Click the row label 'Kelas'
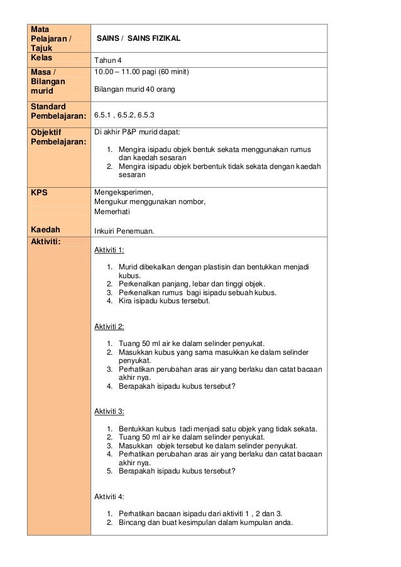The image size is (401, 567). coord(42,58)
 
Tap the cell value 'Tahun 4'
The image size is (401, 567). coord(108,60)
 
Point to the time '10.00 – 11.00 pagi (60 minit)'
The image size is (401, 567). coord(141,73)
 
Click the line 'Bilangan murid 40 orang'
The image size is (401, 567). coord(134,90)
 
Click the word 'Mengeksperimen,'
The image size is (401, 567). coord(119,192)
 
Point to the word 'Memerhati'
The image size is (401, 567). coord(111,212)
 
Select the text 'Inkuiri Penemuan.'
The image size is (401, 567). coord(124,231)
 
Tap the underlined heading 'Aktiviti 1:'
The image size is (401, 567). coord(109,251)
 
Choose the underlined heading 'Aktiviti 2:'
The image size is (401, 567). coord(109,326)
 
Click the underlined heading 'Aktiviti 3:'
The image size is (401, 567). coord(109,411)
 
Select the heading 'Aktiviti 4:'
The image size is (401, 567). coord(109,496)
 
